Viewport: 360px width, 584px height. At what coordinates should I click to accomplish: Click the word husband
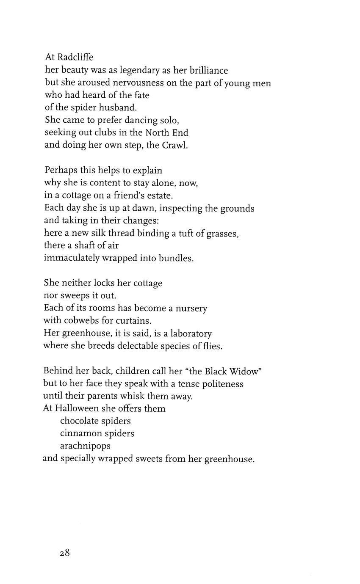click(118, 107)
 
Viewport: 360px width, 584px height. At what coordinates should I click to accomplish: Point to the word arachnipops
click(85, 446)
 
